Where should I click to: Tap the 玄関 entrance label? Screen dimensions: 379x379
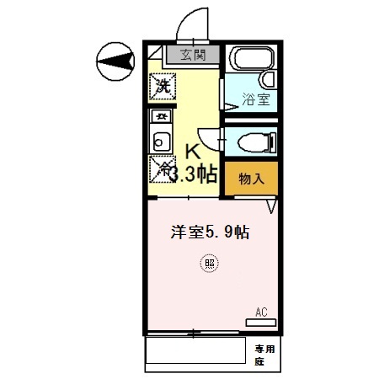[194, 56]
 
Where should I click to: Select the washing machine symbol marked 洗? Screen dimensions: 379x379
[163, 85]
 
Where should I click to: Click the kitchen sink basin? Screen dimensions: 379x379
[160, 140]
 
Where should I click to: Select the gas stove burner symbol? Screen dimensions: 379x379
[160, 115]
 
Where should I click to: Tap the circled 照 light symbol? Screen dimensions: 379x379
[209, 263]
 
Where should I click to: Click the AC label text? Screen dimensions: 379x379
[261, 312]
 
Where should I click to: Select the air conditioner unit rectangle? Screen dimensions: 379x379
[262, 323]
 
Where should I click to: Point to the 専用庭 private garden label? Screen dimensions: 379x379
[265, 353]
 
